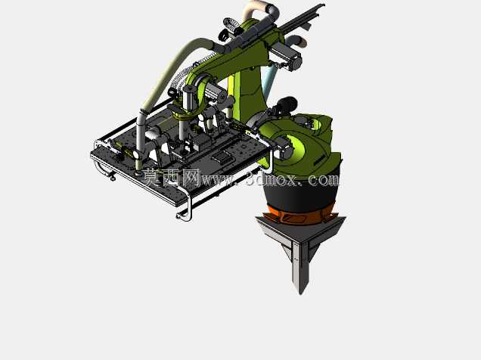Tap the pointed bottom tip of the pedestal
300,293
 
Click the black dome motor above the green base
287,104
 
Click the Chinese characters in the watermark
171,177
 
